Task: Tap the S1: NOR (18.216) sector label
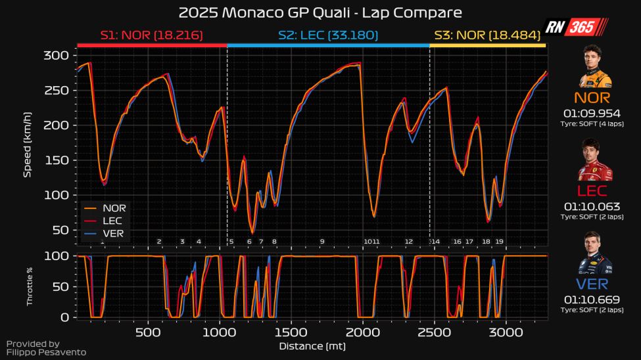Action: (151, 35)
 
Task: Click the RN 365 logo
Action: (577, 27)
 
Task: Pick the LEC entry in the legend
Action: (112, 221)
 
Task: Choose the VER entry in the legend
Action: (112, 233)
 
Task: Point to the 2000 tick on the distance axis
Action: (362, 332)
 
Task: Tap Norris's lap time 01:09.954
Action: (592, 113)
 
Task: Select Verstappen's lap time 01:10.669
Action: (592, 300)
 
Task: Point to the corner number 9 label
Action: (322, 242)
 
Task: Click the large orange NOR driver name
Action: (592, 98)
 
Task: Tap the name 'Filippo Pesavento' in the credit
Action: (46, 353)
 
